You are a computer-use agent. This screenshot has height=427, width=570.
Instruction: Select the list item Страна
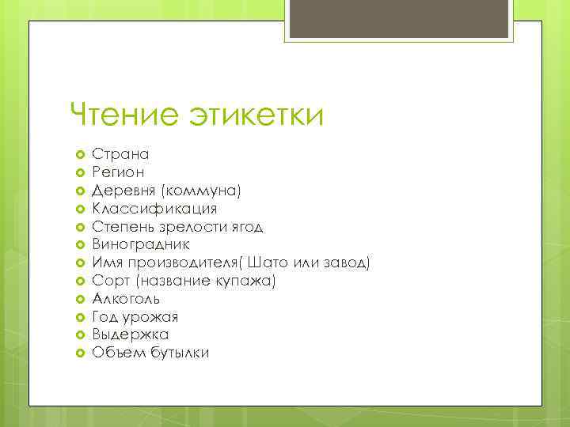coord(120,154)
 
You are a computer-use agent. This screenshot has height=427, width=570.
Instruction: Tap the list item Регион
coord(119,172)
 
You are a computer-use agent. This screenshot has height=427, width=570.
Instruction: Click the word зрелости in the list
coord(192,227)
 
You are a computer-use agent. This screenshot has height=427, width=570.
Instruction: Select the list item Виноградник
coord(141,245)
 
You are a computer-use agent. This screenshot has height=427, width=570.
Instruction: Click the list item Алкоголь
coord(126,299)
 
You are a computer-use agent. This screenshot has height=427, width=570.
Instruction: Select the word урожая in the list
coord(150,317)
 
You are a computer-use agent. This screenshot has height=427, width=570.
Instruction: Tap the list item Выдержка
coord(130,334)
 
